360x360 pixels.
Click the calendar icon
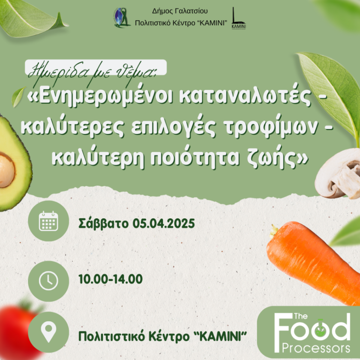(x=48, y=221)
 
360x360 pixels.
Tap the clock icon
(x=48, y=281)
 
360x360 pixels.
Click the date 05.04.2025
(x=163, y=223)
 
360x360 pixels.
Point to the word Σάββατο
(x=103, y=223)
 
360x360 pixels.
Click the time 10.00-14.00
(x=110, y=279)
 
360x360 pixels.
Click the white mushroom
(x=337, y=173)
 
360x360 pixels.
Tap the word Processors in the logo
(x=316, y=348)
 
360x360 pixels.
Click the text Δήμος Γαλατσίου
(x=180, y=11)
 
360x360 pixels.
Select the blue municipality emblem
(x=122, y=18)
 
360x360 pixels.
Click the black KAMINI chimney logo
(x=238, y=18)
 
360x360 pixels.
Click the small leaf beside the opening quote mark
(x=18, y=97)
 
